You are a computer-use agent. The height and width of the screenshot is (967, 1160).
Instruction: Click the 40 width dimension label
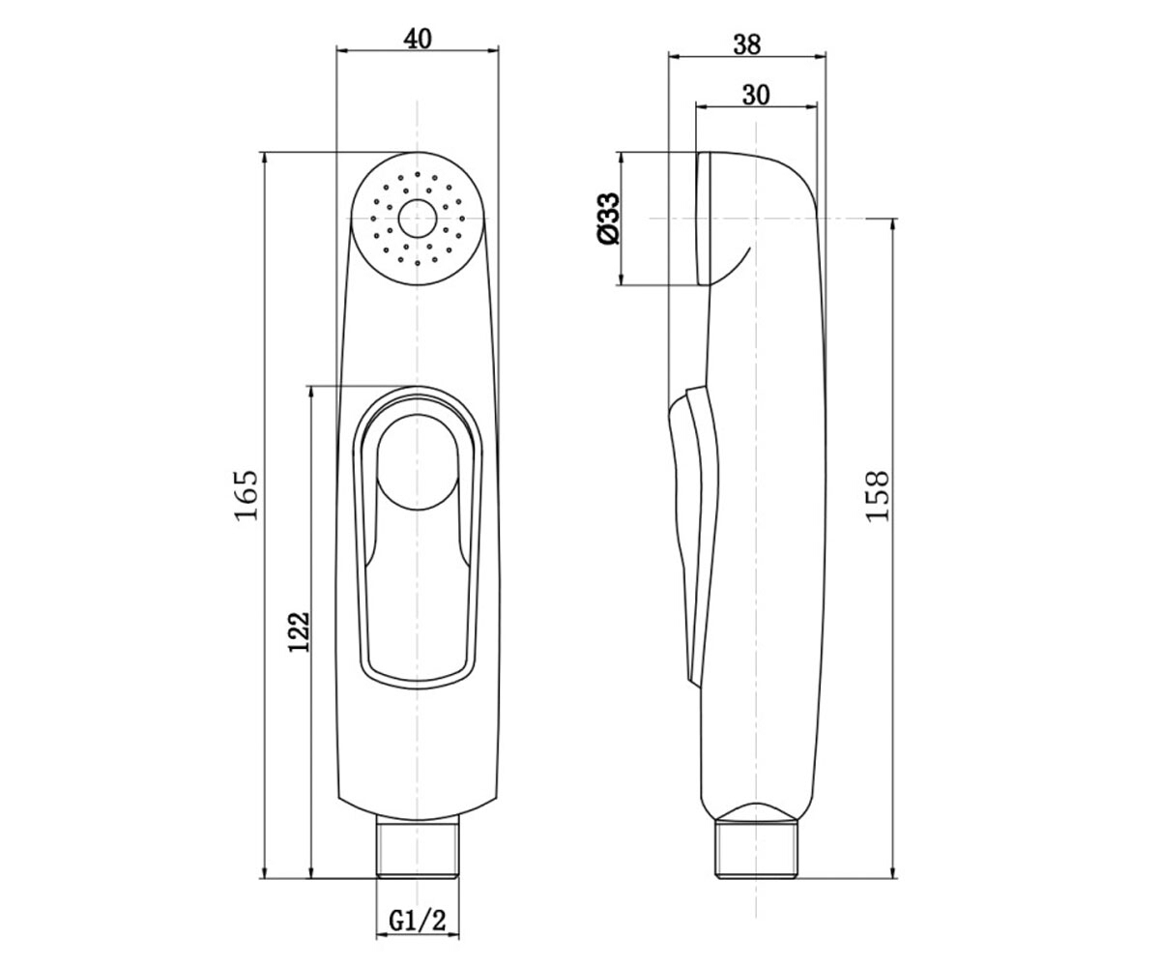click(x=418, y=39)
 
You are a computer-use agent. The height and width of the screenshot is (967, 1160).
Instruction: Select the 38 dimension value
click(x=746, y=44)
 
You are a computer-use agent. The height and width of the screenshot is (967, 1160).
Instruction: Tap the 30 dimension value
click(x=756, y=95)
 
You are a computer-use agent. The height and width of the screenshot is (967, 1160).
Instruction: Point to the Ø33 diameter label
click(x=609, y=219)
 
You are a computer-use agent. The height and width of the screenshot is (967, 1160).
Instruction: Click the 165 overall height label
click(x=246, y=495)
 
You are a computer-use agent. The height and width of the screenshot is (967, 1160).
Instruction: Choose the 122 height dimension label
click(x=299, y=631)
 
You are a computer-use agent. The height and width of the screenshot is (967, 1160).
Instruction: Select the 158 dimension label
click(x=878, y=496)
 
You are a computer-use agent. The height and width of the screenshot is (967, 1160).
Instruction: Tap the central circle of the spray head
click(x=418, y=219)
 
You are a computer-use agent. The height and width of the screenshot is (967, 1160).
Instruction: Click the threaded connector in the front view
click(x=418, y=849)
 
